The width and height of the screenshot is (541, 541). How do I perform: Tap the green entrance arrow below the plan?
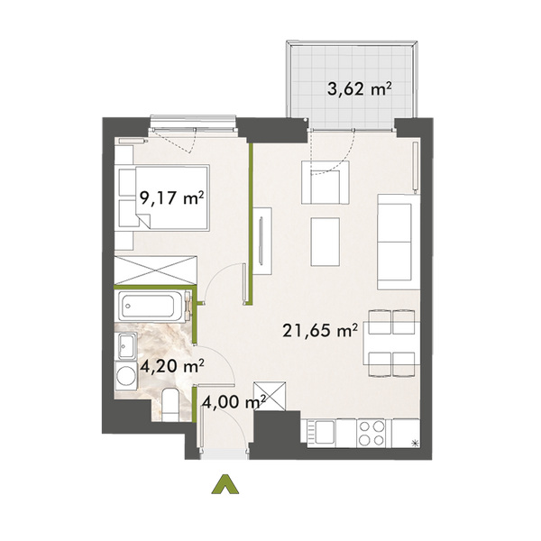click(x=222, y=488)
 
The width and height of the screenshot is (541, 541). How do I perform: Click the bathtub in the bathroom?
click(x=151, y=307)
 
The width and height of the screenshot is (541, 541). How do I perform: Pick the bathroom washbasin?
click(x=125, y=344)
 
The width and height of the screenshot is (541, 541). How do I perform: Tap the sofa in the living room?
click(x=394, y=235)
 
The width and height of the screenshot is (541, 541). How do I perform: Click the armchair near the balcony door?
click(x=325, y=187)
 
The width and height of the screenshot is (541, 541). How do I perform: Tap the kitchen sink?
click(x=319, y=433)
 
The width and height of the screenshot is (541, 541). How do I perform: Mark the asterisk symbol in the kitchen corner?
click(x=414, y=441)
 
